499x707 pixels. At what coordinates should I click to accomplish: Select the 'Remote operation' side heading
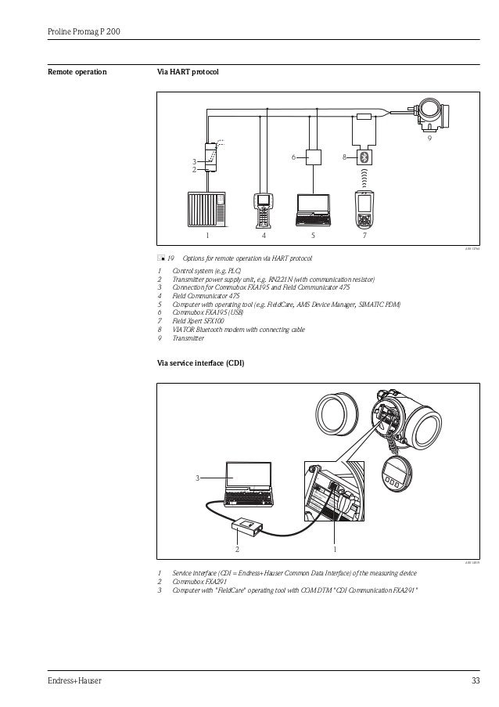(77, 73)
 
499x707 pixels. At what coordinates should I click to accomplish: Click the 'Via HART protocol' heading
(188, 73)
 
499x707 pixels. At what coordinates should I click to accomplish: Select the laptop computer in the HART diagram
(313, 207)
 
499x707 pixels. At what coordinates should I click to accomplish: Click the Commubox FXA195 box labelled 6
(314, 157)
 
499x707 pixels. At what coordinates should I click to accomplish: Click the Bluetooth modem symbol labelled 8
(364, 157)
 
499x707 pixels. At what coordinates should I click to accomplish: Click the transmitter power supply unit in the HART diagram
(209, 157)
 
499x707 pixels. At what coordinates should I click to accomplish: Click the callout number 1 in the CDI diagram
(334, 549)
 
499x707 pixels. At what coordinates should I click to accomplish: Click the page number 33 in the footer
(475, 680)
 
